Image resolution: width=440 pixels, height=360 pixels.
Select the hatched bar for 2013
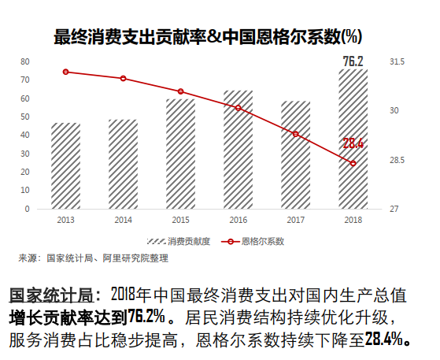click(66, 166)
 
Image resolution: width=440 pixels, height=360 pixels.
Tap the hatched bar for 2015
click(180, 154)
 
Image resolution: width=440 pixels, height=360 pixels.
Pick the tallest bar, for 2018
click(353, 139)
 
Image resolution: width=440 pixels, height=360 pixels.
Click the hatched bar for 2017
click(295, 155)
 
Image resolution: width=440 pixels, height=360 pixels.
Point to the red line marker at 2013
click(66, 72)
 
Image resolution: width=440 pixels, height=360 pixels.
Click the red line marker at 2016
click(238, 108)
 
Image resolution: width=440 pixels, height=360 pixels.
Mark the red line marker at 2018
click(353, 163)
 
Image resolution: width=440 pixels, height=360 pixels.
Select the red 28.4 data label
click(353, 143)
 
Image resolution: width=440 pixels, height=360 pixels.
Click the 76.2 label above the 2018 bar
click(353, 61)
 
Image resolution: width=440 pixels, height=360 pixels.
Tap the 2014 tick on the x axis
click(123, 220)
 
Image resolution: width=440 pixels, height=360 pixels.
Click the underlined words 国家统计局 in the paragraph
click(55, 296)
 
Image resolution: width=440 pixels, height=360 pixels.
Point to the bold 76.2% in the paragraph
click(146, 317)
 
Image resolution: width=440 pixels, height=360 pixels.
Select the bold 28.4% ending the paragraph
click(384, 339)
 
